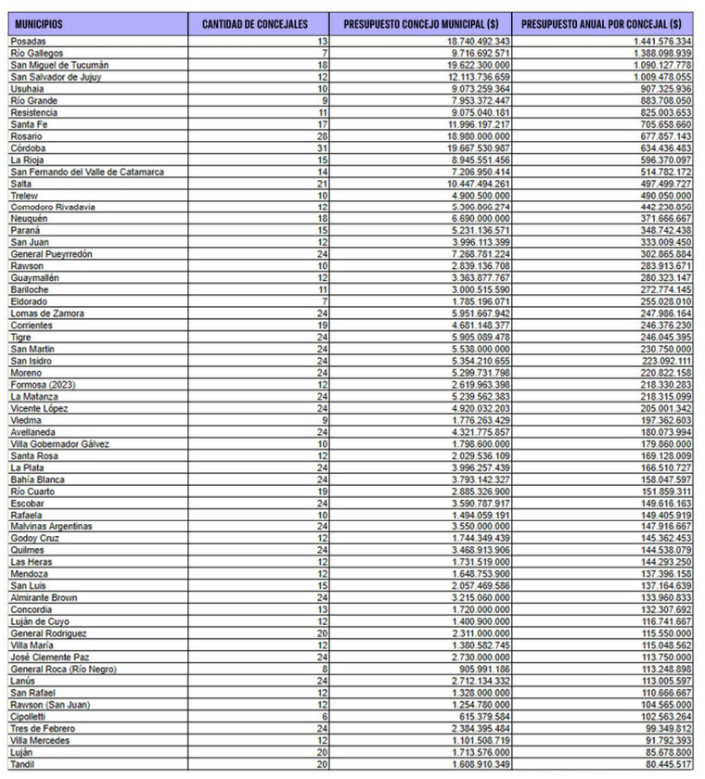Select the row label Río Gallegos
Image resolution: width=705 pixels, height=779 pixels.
click(34, 54)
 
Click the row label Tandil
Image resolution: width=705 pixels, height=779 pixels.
click(23, 764)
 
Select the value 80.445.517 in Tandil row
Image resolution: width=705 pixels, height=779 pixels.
click(662, 764)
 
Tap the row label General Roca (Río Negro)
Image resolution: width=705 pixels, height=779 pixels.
click(63, 669)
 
